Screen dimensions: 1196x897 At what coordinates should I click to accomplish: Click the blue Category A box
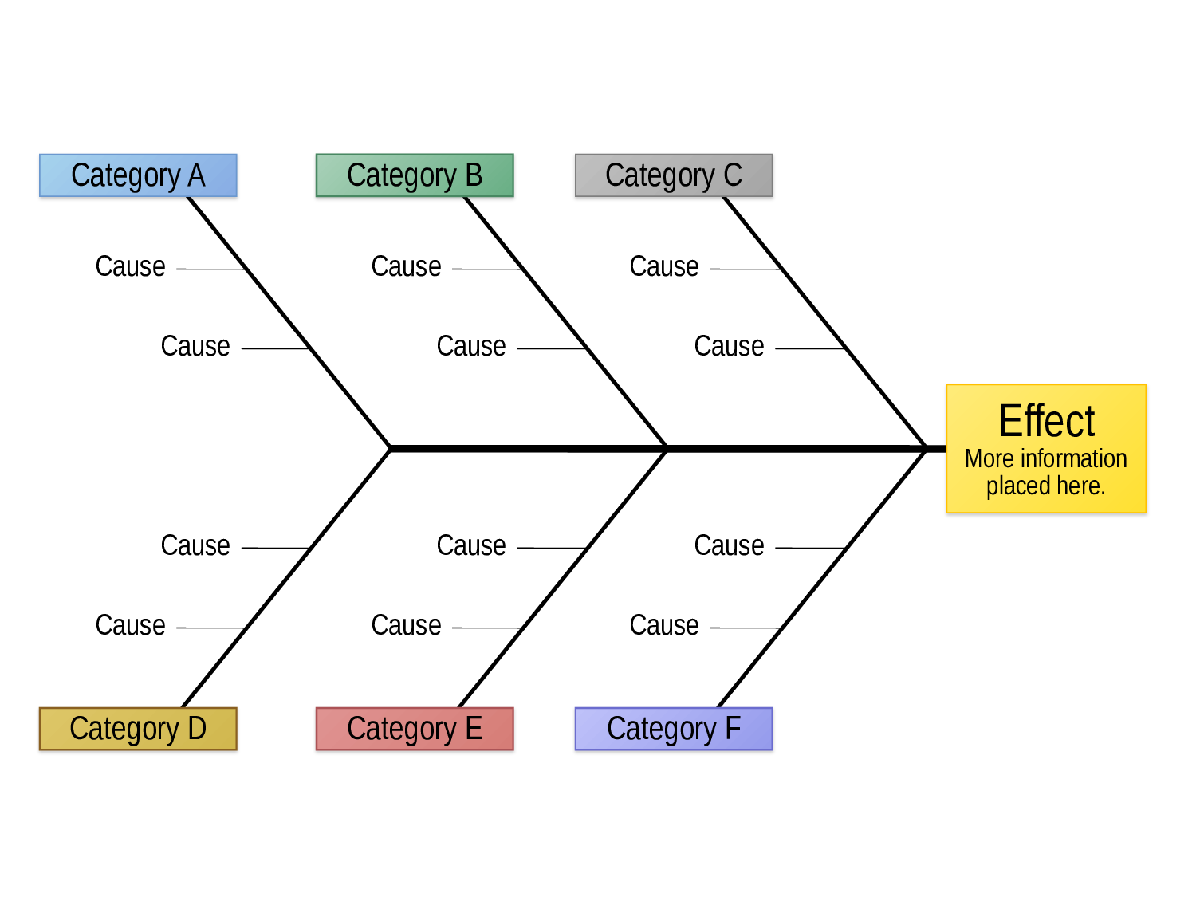(x=138, y=175)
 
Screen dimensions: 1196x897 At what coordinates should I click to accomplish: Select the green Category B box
(x=415, y=175)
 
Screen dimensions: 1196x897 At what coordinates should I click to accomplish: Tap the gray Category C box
(x=674, y=175)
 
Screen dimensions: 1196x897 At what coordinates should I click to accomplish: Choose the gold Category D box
(x=138, y=729)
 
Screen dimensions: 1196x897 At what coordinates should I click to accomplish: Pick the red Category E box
(x=415, y=729)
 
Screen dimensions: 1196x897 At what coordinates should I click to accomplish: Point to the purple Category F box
(x=674, y=729)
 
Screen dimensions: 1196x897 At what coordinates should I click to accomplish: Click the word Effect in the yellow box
(x=1047, y=421)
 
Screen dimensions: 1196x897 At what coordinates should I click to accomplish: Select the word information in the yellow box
(x=1073, y=458)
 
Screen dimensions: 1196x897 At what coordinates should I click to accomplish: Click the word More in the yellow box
(x=989, y=459)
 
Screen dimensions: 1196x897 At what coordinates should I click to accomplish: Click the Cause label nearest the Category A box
(x=130, y=266)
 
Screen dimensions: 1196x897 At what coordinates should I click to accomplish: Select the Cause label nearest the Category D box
(x=130, y=624)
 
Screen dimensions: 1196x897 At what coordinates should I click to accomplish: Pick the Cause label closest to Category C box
(x=664, y=266)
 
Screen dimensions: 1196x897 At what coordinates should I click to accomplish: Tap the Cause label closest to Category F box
(x=664, y=624)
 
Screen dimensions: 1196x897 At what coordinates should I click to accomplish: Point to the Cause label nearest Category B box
(x=406, y=266)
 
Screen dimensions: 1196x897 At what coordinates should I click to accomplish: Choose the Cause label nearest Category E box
(x=406, y=624)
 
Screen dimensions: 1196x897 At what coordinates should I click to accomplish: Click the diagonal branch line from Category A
(x=289, y=322)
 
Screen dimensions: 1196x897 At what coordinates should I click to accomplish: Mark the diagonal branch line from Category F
(x=822, y=578)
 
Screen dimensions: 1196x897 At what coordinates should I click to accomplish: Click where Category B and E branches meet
(x=666, y=449)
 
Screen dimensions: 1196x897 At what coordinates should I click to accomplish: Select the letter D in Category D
(x=197, y=728)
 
